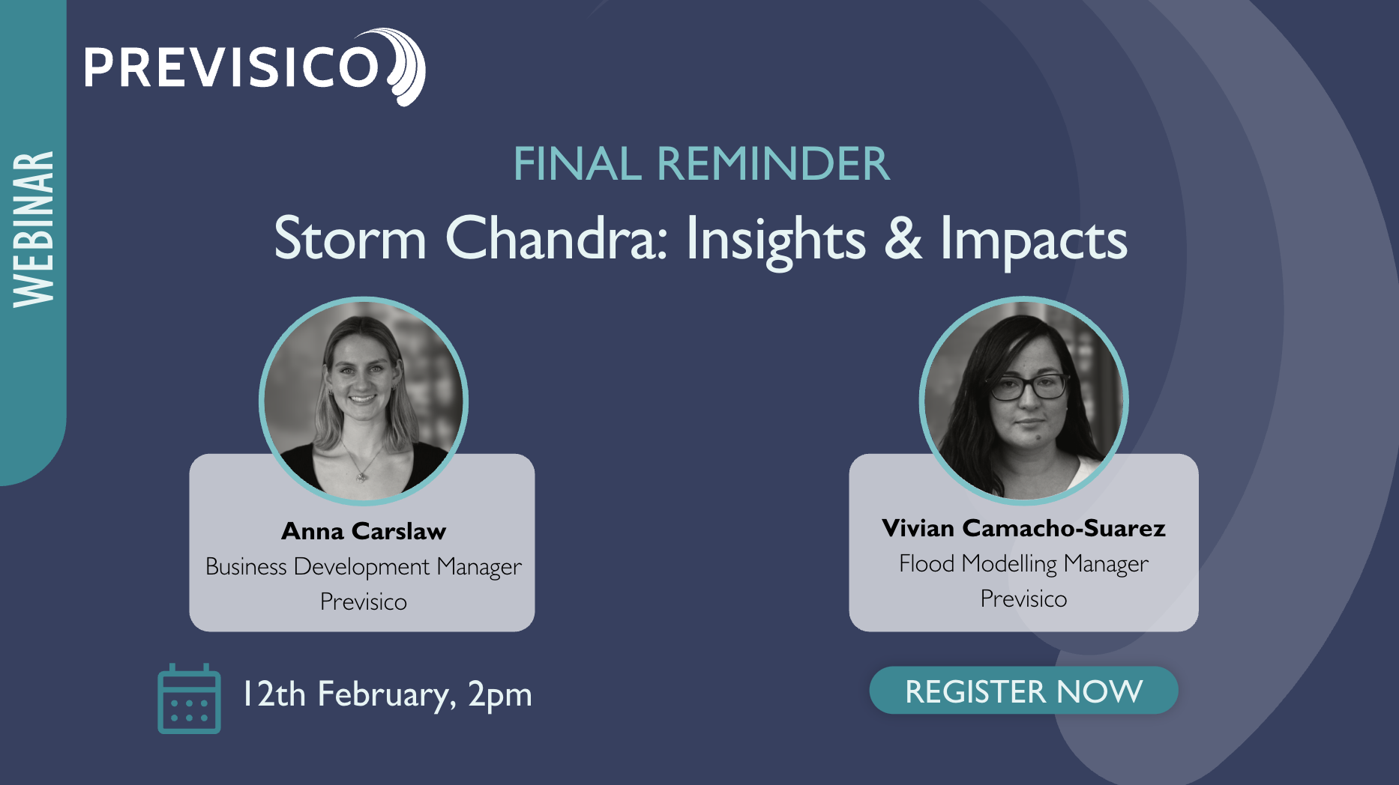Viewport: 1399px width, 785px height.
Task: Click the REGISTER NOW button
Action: (x=1023, y=691)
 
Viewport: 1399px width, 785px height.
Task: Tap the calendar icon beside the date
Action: (x=189, y=699)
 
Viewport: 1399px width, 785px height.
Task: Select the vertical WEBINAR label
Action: (x=34, y=229)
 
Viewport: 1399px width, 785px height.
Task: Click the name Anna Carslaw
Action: (x=364, y=531)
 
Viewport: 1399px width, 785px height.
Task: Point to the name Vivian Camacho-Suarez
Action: (x=1023, y=528)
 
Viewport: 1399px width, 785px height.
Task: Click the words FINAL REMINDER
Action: (x=702, y=163)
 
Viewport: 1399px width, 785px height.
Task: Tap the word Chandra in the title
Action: (x=556, y=238)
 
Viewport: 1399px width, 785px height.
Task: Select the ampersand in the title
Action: (x=903, y=238)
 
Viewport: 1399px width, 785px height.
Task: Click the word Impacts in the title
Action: (x=1034, y=240)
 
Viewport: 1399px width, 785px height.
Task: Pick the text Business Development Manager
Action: (x=364, y=567)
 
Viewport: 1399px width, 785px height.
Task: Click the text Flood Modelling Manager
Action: (x=1023, y=564)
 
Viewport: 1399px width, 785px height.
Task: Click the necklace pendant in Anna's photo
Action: (x=362, y=474)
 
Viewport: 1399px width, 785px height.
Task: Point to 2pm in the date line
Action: (x=499, y=695)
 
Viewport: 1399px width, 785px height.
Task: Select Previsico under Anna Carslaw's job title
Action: (x=364, y=601)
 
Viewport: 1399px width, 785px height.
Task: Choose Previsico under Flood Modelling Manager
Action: (x=1023, y=598)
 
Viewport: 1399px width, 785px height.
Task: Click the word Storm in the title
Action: (x=350, y=238)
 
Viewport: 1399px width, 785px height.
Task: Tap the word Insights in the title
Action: (x=776, y=240)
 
